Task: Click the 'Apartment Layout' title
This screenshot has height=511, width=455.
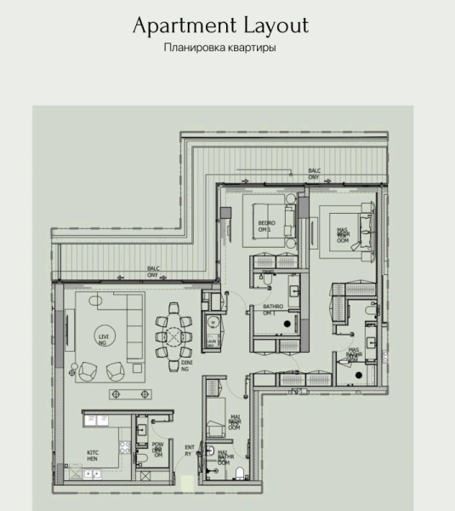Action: coord(219,26)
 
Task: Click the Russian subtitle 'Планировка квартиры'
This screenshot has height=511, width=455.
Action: coord(219,48)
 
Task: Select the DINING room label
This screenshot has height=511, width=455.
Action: coord(185,365)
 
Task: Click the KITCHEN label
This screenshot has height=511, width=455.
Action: coord(94,456)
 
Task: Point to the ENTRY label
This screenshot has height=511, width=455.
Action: coord(189,451)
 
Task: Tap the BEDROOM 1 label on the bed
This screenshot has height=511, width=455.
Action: coord(264,226)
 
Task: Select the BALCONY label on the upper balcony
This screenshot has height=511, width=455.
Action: coord(315,175)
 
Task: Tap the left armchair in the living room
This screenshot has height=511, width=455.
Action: coord(88,369)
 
